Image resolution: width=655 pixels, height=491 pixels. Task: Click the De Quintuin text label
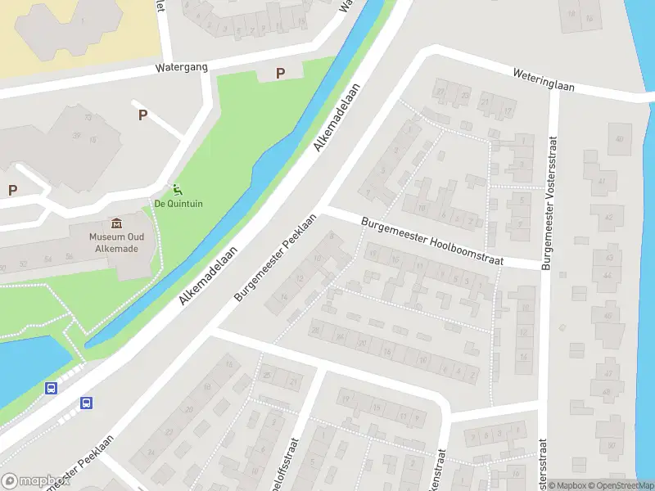pos(178,204)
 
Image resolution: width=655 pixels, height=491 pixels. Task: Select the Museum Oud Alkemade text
pos(115,243)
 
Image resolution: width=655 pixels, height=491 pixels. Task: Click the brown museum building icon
pos(115,223)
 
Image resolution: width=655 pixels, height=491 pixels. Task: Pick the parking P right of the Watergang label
pos(280,73)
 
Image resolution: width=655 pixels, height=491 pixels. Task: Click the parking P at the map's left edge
pos(12,190)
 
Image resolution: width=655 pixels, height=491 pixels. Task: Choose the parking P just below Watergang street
pos(142,115)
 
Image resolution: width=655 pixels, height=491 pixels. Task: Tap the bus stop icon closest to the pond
pos(51,389)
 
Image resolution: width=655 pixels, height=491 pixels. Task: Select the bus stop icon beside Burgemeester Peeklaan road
pos(87,403)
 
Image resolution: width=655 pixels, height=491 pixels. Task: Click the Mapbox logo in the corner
pos(35,481)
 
